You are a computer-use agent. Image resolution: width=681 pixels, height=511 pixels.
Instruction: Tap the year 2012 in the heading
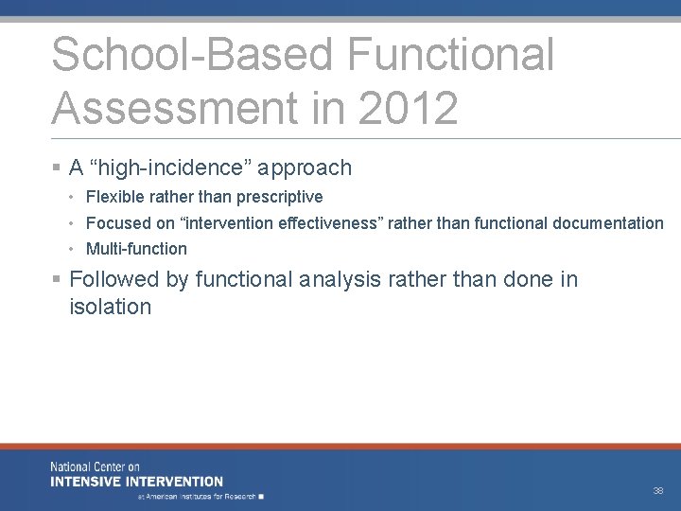tap(409, 108)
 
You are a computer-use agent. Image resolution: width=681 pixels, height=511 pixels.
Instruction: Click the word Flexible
tap(115, 197)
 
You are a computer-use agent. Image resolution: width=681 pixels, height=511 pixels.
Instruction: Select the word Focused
tap(116, 223)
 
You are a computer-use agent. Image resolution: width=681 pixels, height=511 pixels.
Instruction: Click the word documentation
tap(610, 223)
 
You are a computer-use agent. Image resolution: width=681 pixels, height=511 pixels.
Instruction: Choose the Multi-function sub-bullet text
tap(136, 249)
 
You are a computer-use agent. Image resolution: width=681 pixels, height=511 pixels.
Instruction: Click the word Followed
tap(108, 279)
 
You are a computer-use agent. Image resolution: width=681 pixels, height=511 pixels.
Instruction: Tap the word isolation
tap(110, 307)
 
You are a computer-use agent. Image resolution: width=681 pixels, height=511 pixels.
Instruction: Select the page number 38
tap(657, 491)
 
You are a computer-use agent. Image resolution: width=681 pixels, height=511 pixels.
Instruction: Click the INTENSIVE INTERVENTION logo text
tap(136, 482)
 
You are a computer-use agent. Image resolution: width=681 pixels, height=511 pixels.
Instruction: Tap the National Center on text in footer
tap(95, 467)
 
